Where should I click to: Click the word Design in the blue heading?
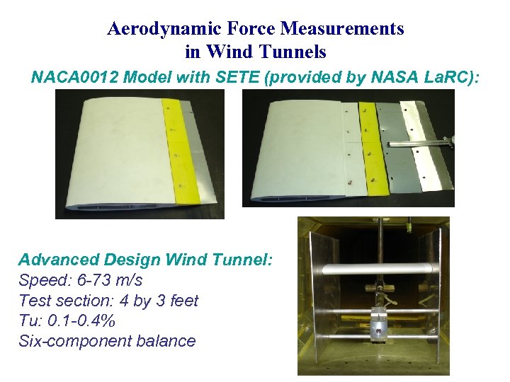click(125, 260)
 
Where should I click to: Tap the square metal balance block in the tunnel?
click(380, 325)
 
